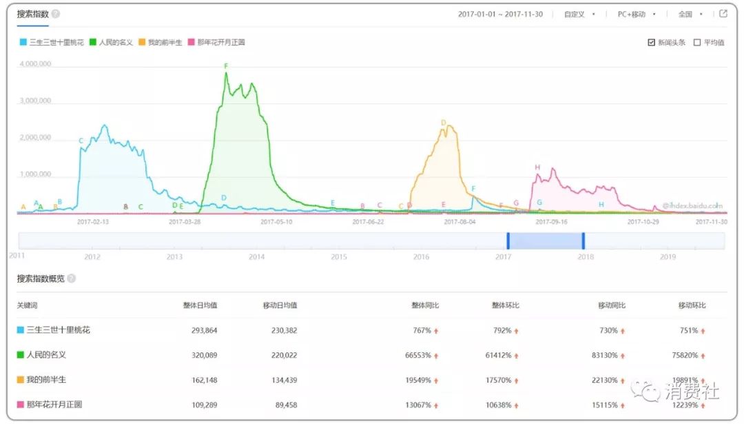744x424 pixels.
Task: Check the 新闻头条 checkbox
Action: (651, 43)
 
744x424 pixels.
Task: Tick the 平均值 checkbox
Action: (697, 43)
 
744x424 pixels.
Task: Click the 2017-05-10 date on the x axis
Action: (276, 222)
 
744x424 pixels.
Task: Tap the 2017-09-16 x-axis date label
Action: (551, 222)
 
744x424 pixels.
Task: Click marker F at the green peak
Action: (226, 66)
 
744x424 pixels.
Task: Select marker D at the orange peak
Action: (444, 123)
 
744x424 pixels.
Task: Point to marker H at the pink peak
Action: (537, 168)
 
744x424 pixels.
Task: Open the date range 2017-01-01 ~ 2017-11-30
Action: (500, 14)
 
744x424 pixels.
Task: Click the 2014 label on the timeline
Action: (256, 257)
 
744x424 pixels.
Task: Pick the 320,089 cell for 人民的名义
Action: (204, 355)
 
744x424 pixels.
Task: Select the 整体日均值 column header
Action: (200, 305)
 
